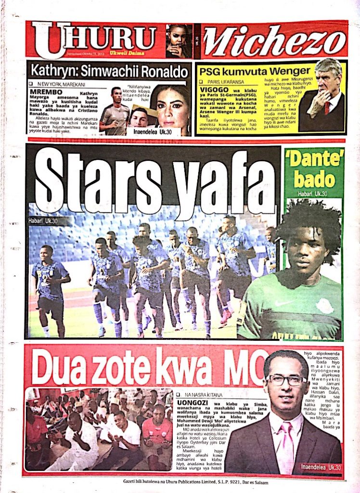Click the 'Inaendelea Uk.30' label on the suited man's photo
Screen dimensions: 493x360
(321, 467)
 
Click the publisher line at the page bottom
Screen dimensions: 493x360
(195, 482)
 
